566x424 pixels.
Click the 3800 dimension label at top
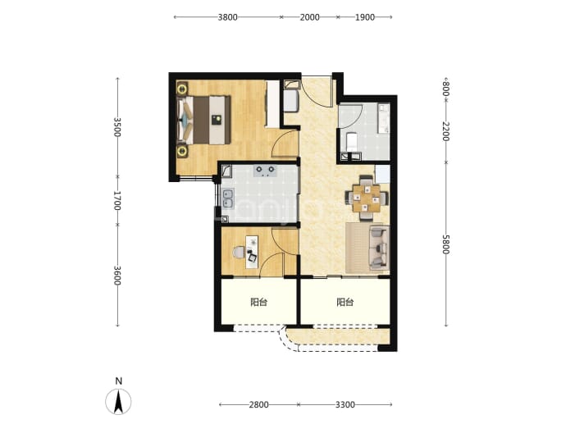point(227,17)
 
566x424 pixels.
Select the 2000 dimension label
point(309,17)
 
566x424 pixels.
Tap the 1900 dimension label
point(364,17)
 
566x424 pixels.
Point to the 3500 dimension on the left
point(117,127)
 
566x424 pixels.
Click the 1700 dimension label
point(117,201)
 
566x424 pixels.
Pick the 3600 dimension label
point(117,276)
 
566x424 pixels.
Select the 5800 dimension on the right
point(445,244)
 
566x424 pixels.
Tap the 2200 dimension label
point(445,132)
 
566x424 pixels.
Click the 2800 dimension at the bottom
point(259,404)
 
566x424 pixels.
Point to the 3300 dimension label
point(345,404)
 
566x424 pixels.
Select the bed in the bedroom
point(203,120)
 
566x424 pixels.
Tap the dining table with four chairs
point(367,198)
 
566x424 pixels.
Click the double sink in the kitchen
point(228,198)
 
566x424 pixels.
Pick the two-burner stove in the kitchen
point(265,171)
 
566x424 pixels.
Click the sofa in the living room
point(379,248)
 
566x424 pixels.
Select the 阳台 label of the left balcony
point(259,302)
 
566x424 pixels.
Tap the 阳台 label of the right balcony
point(345,302)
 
